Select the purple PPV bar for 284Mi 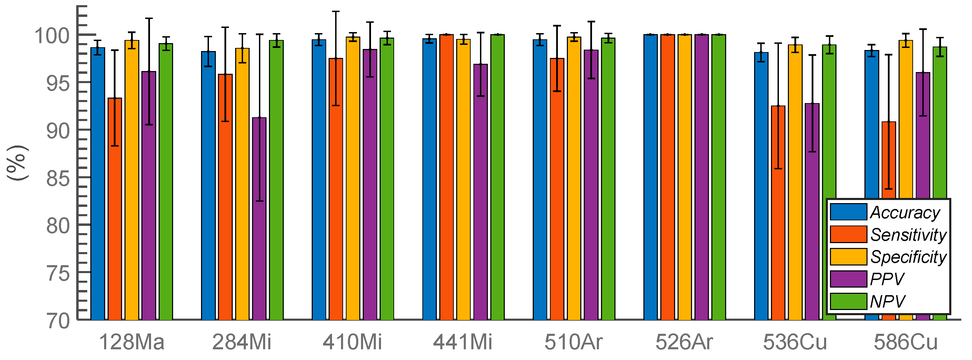coord(259,219)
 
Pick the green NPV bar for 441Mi coord(497,177)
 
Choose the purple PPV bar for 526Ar coord(701,177)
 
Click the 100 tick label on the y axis coord(52,36)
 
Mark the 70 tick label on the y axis coord(58,321)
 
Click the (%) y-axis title coord(17,162)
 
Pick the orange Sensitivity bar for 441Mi coord(447,177)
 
